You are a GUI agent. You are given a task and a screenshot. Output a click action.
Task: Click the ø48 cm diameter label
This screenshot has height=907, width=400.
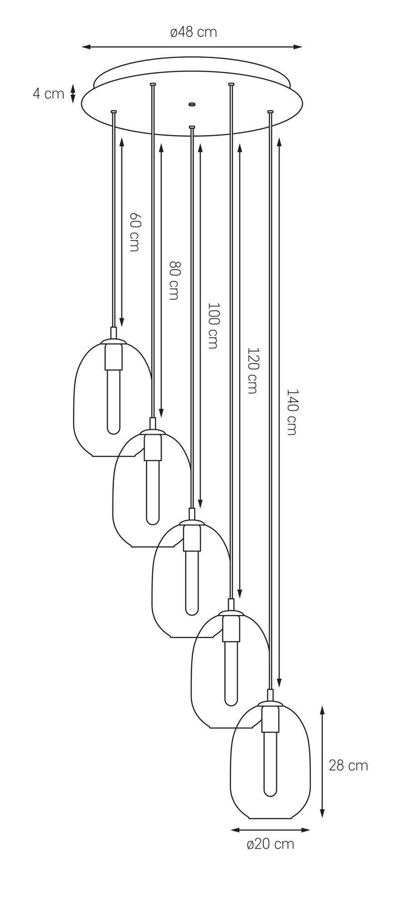tap(193, 32)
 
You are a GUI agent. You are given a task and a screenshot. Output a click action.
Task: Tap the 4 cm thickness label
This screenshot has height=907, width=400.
tap(48, 94)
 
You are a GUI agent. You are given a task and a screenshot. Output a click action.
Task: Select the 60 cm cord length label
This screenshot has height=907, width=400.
tap(134, 232)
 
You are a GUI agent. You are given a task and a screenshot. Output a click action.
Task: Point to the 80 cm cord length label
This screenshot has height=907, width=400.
tap(174, 280)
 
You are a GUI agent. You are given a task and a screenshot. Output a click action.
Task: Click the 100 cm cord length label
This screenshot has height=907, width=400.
tap(213, 325)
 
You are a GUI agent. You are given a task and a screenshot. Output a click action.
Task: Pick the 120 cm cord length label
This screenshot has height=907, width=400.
tap(252, 370)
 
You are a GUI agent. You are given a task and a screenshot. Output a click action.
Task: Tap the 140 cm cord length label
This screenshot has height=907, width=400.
tap(292, 412)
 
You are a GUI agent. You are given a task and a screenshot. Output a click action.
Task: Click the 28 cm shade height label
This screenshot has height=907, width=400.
tap(348, 765)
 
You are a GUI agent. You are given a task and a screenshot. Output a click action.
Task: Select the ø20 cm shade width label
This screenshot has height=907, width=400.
tap(271, 844)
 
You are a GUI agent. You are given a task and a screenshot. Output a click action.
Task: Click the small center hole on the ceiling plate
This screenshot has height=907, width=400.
tap(192, 104)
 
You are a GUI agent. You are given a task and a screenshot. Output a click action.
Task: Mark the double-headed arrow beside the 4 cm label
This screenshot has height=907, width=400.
tap(73, 94)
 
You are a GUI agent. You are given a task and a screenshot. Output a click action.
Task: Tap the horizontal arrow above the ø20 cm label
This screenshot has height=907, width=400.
tap(271, 830)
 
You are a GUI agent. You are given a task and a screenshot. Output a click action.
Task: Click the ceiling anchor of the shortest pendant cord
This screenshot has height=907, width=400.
tap(114, 112)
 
